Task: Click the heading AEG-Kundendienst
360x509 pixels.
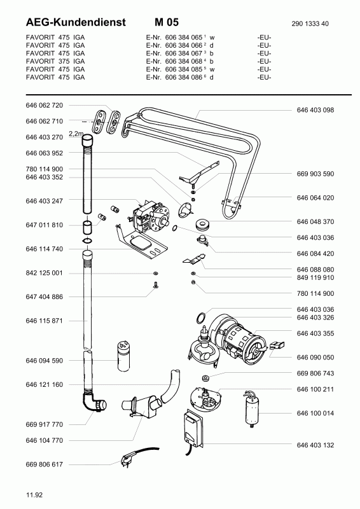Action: (75, 22)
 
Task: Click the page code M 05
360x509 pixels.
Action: (167, 22)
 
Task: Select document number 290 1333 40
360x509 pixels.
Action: (310, 24)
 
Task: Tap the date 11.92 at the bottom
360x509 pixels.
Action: (34, 495)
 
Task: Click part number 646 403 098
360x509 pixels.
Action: (315, 110)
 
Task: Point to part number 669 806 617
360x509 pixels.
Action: (44, 464)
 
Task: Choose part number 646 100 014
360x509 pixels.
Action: (315, 413)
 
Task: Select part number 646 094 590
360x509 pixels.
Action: (44, 361)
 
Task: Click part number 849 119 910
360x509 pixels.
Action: (315, 277)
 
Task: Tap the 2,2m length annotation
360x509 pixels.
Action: (76, 134)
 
